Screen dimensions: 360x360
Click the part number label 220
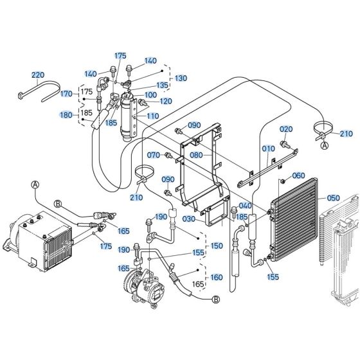tap(39, 75)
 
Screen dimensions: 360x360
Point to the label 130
tap(181, 78)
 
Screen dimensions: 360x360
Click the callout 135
tap(162, 85)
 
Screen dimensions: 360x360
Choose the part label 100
tap(150, 95)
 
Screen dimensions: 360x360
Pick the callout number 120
tap(166, 102)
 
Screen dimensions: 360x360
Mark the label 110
tap(152, 116)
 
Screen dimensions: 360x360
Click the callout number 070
tap(153, 155)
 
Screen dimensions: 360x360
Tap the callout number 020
tap(285, 129)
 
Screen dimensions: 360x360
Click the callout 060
tap(298, 175)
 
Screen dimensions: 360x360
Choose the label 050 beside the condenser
tap(334, 198)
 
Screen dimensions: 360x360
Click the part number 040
tap(245, 206)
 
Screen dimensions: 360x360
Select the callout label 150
tap(216, 246)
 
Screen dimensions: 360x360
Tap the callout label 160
tap(216, 278)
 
